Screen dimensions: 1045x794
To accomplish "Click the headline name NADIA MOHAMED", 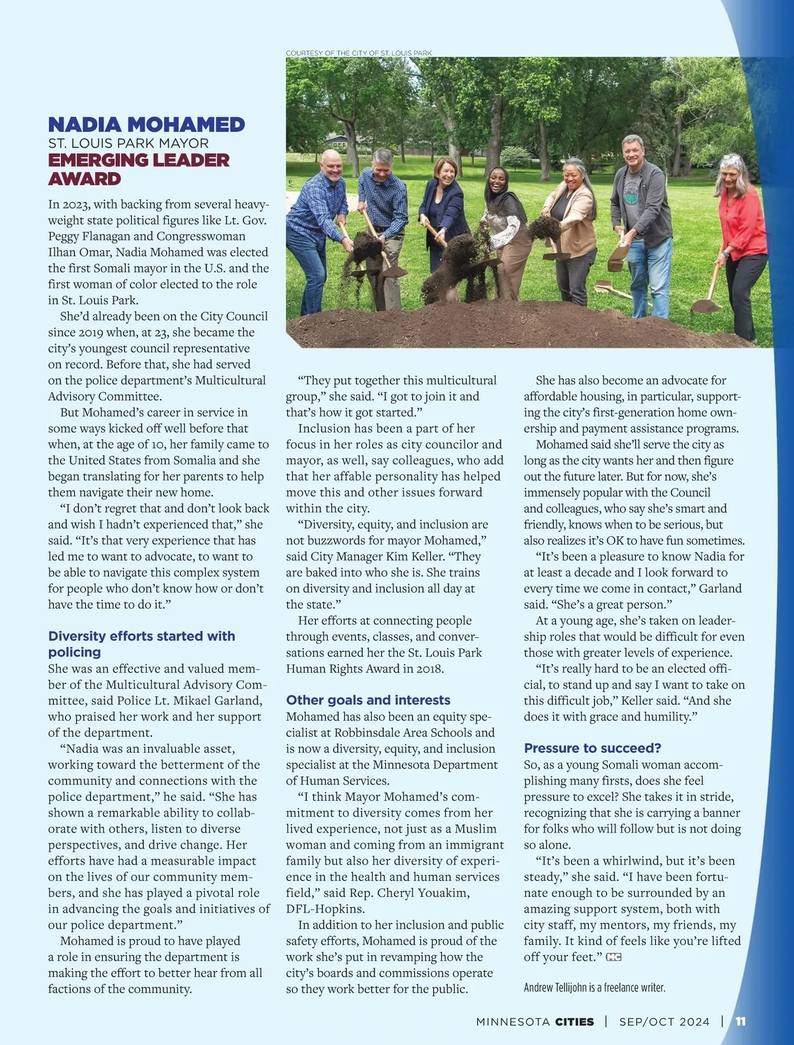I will pyautogui.click(x=146, y=124).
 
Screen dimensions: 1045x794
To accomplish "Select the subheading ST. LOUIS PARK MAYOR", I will pyautogui.click(x=128, y=144).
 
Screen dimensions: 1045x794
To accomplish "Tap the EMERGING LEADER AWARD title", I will pyautogui.click(x=138, y=169).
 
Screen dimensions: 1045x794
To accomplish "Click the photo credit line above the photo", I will pyautogui.click(x=359, y=53).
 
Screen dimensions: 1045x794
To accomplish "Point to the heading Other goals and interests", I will pyautogui.click(x=368, y=700).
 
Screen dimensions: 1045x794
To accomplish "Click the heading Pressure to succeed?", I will pyautogui.click(x=592, y=748).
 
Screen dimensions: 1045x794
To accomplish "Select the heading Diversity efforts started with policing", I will pyautogui.click(x=141, y=644).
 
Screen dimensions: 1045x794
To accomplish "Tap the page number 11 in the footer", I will pyautogui.click(x=740, y=1021).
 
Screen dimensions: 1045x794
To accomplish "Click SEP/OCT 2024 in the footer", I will pyautogui.click(x=664, y=1022).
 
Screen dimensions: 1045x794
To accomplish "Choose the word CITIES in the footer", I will pyautogui.click(x=574, y=1022).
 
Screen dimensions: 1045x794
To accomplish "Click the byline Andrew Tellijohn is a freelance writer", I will pyautogui.click(x=594, y=987).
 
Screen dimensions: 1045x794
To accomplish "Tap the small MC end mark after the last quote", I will pyautogui.click(x=613, y=957).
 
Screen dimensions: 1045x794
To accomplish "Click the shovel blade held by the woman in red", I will pyautogui.click(x=705, y=306).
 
